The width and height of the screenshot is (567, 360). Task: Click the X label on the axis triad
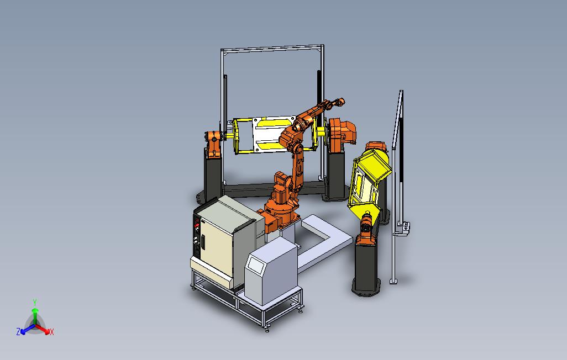click(51, 332)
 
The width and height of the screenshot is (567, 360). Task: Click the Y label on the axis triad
click(34, 302)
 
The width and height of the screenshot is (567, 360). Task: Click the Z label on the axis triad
click(18, 332)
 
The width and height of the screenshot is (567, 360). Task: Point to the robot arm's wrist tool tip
click(341, 102)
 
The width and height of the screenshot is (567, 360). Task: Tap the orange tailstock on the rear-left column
click(213, 142)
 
